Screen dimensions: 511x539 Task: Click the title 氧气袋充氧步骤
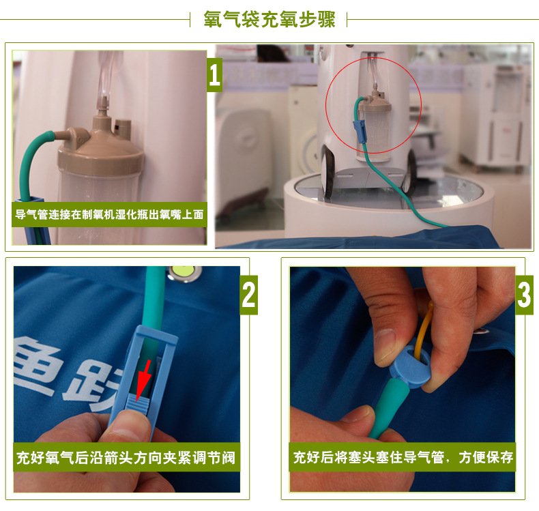pyautogui.click(x=269, y=19)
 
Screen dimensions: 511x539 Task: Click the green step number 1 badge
pyautogui.click(x=215, y=75)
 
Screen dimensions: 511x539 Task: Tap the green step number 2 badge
pyautogui.click(x=249, y=295)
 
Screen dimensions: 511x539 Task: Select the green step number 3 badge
pyautogui.click(x=524, y=295)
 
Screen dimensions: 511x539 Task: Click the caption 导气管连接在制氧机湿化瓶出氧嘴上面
pyautogui.click(x=110, y=214)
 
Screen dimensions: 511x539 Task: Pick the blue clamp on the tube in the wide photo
pyautogui.click(x=357, y=131)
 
